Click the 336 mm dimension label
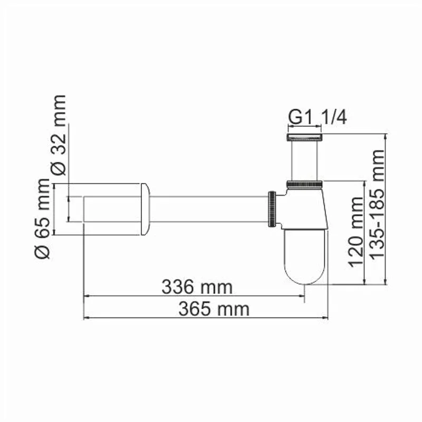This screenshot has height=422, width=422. coord(196,287)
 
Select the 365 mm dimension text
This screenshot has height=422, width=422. coord(213,309)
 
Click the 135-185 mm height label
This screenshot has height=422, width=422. coord(377,204)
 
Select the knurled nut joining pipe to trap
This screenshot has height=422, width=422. coord(272,209)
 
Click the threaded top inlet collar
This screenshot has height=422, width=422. coord(305,138)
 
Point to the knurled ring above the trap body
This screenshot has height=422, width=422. coord(305,184)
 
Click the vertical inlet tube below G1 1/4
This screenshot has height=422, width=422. coord(305,161)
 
